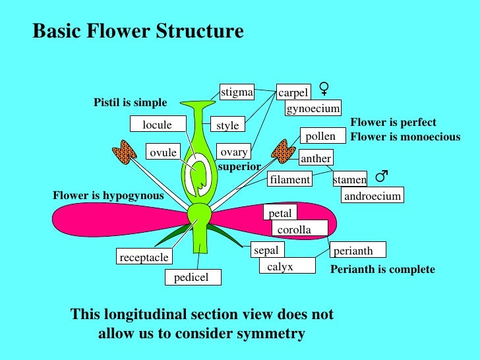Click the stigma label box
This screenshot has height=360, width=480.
[x=237, y=92]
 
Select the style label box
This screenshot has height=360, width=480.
[x=227, y=124]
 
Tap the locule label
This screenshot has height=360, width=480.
[x=157, y=125]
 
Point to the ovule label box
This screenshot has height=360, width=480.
[x=163, y=152]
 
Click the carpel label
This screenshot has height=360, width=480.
[x=293, y=93]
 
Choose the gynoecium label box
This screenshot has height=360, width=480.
[x=313, y=108]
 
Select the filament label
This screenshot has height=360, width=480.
[x=289, y=179]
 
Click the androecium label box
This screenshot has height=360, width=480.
[x=372, y=196]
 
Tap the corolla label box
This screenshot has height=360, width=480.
[x=299, y=229]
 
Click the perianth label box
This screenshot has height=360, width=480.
[x=357, y=251]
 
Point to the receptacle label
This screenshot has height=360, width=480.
[x=144, y=257]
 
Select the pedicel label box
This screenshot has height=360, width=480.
[x=192, y=277]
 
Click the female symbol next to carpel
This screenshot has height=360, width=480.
[x=324, y=88]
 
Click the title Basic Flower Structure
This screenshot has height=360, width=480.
[x=138, y=32]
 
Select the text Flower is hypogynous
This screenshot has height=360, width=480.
[x=108, y=195]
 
